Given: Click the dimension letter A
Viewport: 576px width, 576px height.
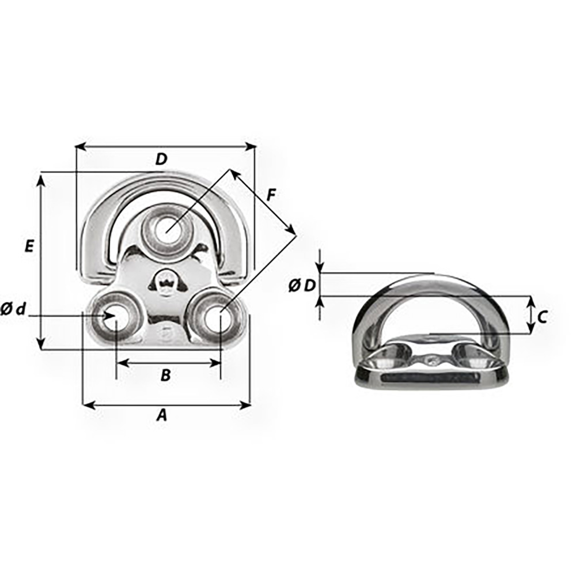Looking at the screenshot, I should (162, 415).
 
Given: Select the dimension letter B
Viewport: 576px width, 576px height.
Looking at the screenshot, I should (165, 376).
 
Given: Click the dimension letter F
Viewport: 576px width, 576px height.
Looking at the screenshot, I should (271, 195).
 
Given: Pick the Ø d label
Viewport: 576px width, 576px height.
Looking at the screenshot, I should (13, 309).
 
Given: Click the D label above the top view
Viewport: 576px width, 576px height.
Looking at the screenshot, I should (161, 160).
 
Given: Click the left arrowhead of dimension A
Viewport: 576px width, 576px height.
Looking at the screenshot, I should (87, 406).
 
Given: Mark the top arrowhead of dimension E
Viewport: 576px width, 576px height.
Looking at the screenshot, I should (40, 180).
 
